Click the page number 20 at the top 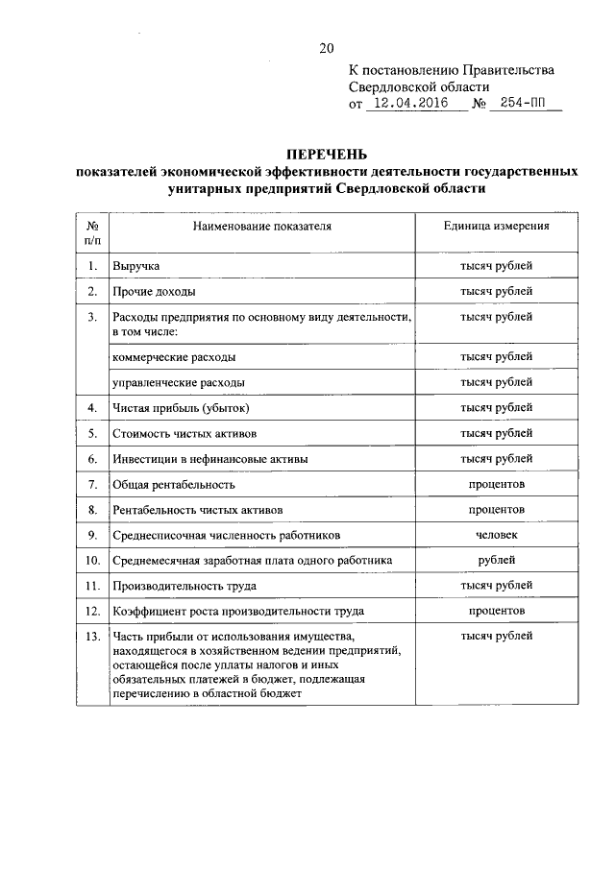coord(326,48)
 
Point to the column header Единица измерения coord(496,228)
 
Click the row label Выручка coord(136,265)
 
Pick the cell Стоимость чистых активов coord(184,434)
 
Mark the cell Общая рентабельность coord(174,484)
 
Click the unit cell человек coord(496,535)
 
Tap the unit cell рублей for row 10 coord(496,560)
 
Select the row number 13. coord(93,637)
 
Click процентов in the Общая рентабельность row coord(496,484)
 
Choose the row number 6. coord(93,459)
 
